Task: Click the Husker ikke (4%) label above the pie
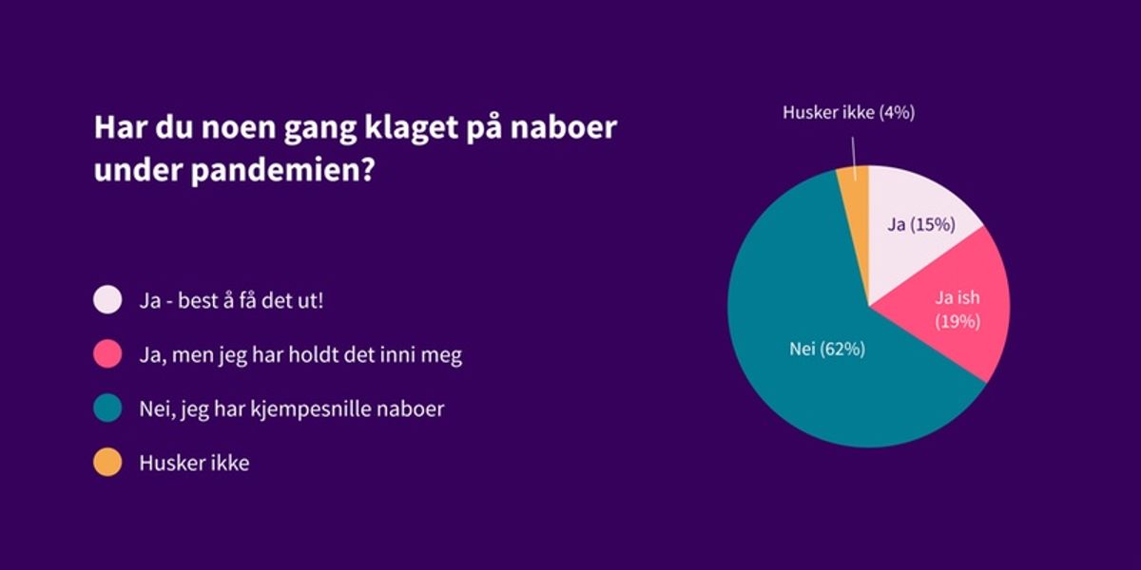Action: tap(848, 112)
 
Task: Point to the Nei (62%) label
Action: tap(827, 350)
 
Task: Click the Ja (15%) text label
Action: tap(921, 225)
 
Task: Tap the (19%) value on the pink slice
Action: tap(957, 321)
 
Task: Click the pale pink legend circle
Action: tap(107, 300)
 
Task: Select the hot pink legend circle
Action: tap(107, 355)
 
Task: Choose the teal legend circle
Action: tap(107, 409)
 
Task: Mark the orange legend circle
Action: tap(107, 464)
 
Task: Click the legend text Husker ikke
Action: tap(194, 464)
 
